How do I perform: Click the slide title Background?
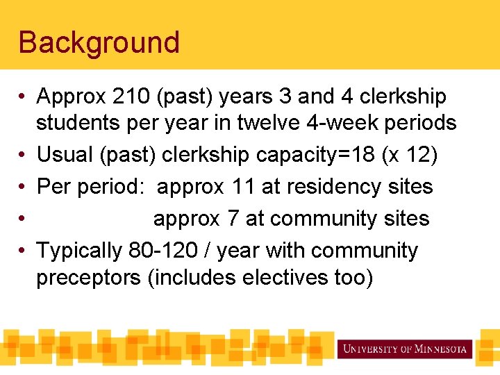[99, 42]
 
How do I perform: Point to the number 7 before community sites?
[231, 219]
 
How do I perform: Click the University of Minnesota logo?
[405, 349]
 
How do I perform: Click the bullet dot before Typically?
[23, 251]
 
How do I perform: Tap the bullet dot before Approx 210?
[23, 97]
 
